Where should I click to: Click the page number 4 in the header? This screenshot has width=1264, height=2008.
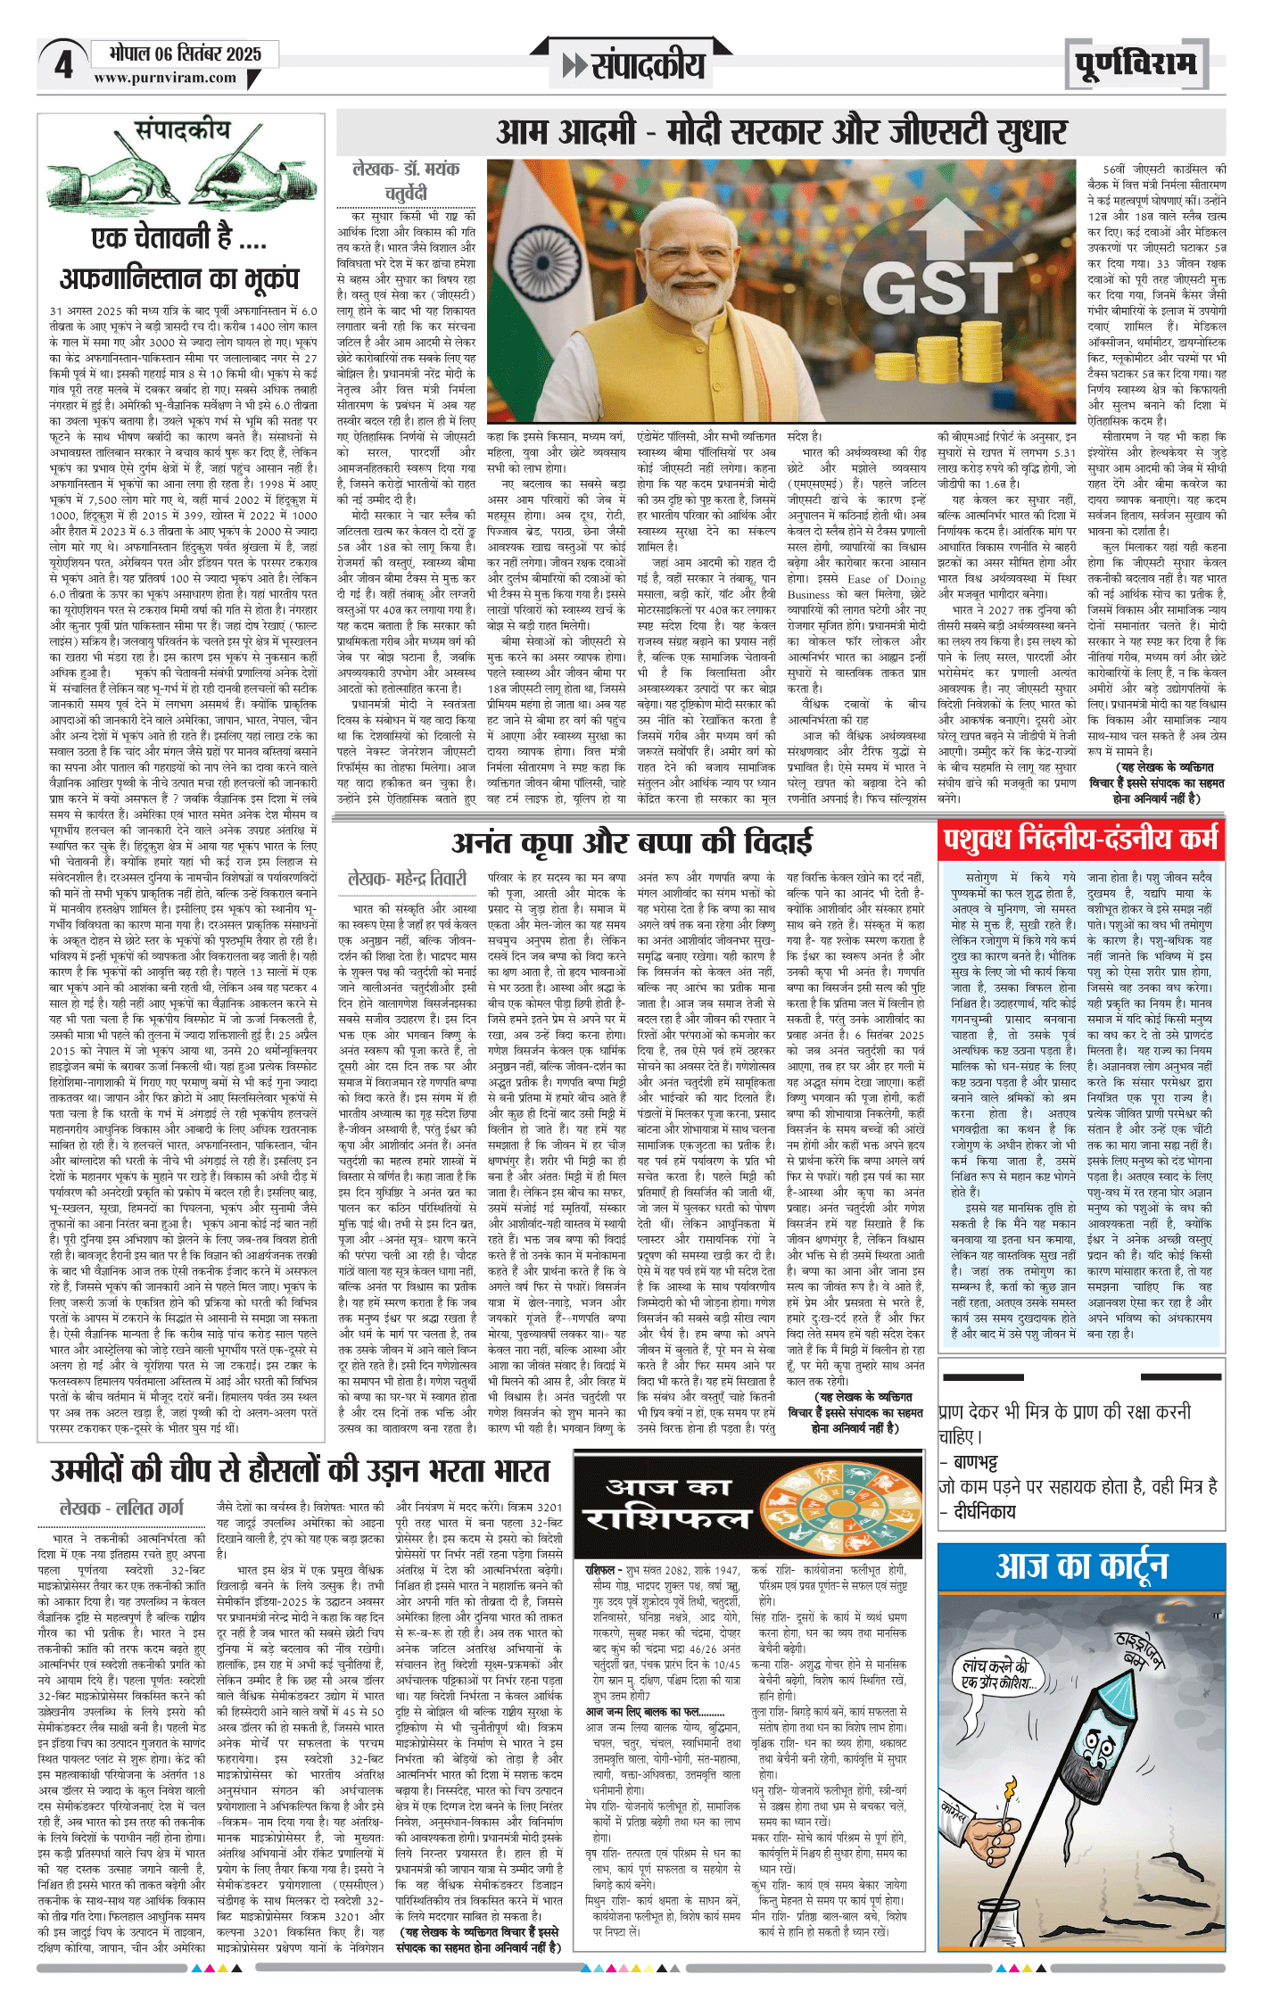click(x=62, y=65)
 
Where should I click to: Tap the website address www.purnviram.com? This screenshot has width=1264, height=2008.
click(x=165, y=79)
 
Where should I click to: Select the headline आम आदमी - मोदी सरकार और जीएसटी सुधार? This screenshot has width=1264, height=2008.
click(x=781, y=133)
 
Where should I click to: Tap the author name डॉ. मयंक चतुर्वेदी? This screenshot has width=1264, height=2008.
click(x=406, y=181)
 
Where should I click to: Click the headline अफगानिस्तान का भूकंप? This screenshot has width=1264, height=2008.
click(x=179, y=278)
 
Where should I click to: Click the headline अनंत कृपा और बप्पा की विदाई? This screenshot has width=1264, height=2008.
click(x=632, y=842)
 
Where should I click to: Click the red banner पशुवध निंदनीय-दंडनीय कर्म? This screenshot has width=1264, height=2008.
click(x=1080, y=839)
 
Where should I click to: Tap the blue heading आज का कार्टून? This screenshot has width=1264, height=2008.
click(x=1081, y=1565)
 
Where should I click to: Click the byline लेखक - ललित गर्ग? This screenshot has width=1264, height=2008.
click(x=121, y=1508)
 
